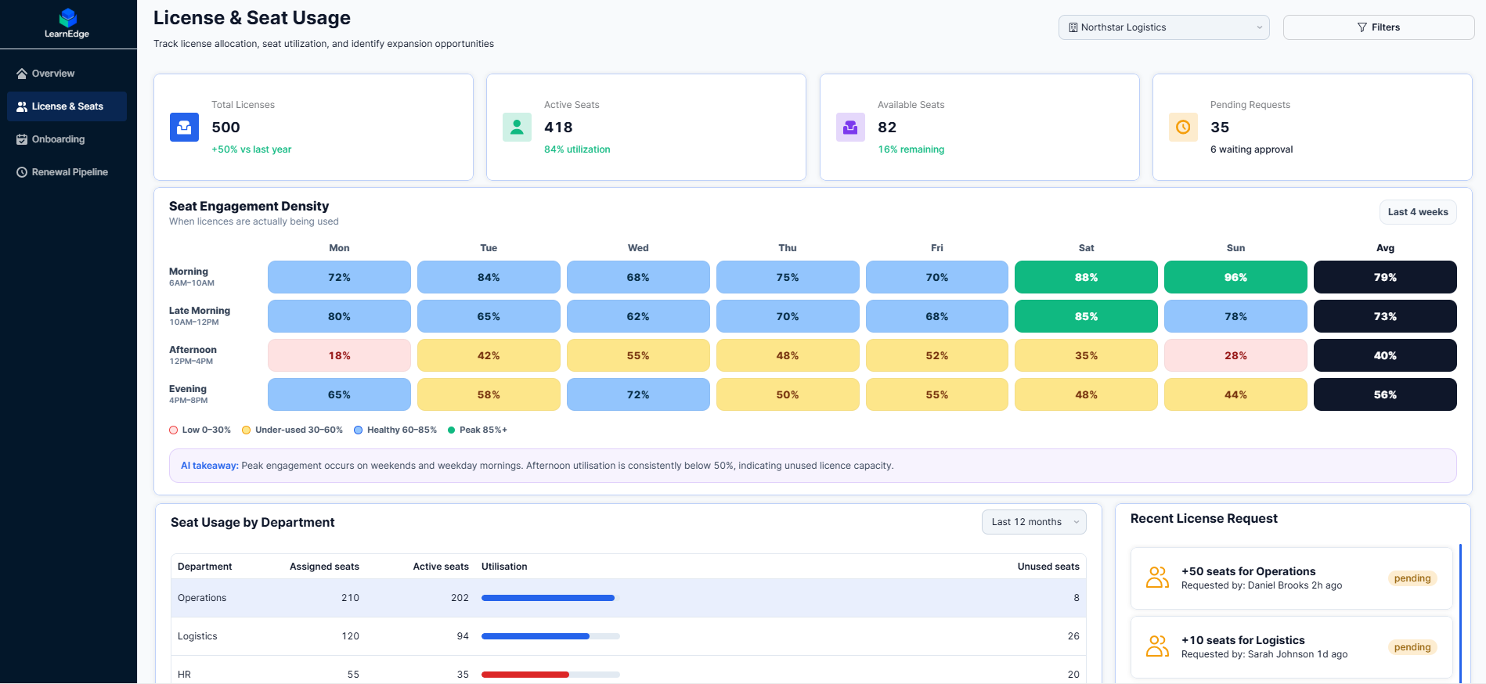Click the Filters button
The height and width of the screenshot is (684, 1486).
coord(1378,27)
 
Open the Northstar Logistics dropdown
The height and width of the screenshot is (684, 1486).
coord(1163,27)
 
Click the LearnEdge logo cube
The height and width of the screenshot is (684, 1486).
coord(68,17)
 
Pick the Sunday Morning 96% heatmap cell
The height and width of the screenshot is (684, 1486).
coord(1235,277)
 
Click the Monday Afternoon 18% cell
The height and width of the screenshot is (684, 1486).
coord(339,355)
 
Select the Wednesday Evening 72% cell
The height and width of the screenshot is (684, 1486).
coord(638,394)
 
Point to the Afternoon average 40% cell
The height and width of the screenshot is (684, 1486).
coord(1385,355)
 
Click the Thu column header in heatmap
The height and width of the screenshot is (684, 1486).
coord(788,248)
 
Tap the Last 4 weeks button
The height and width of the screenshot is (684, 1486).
coord(1418,212)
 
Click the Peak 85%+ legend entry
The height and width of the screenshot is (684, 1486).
coord(478,430)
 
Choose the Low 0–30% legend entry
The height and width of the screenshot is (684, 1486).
coord(200,430)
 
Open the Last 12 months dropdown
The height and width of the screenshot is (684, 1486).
coord(1034,522)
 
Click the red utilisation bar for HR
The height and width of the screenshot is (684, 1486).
coord(525,675)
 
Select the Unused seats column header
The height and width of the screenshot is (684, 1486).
coord(1048,567)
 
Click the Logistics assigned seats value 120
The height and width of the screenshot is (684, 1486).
coord(350,636)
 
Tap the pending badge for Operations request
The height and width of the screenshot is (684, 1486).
coord(1412,578)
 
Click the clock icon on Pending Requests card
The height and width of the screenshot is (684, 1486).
coord(1183,127)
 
